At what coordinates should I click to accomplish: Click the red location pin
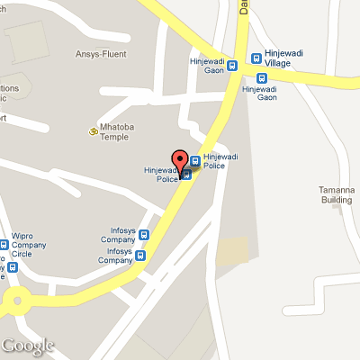tap(180, 159)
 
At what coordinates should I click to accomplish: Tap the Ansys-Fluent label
tap(100, 54)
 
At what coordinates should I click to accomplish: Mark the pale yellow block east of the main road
tap(232, 252)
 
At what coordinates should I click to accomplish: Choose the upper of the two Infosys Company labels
tap(116, 237)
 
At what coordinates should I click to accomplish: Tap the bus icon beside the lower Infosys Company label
tap(139, 256)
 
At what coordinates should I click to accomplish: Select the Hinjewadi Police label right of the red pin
tap(220, 161)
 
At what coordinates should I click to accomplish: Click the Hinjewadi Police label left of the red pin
tap(162, 175)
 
